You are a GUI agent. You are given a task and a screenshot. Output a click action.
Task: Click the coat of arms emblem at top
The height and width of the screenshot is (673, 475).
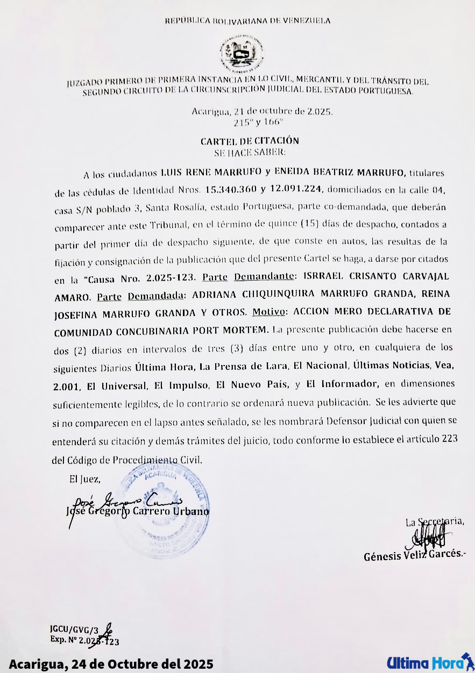(x=242, y=54)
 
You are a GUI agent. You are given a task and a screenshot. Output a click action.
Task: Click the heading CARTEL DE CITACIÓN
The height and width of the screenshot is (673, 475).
(x=250, y=141)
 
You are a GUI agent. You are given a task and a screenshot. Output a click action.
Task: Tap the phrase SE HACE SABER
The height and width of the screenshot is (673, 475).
(x=249, y=152)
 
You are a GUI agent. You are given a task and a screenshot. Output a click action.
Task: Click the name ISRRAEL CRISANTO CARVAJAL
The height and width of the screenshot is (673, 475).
(x=373, y=277)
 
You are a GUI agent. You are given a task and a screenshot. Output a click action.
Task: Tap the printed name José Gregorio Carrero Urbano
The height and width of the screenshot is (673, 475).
(x=137, y=512)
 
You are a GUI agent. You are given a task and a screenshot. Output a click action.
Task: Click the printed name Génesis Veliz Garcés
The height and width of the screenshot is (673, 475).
(x=415, y=555)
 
